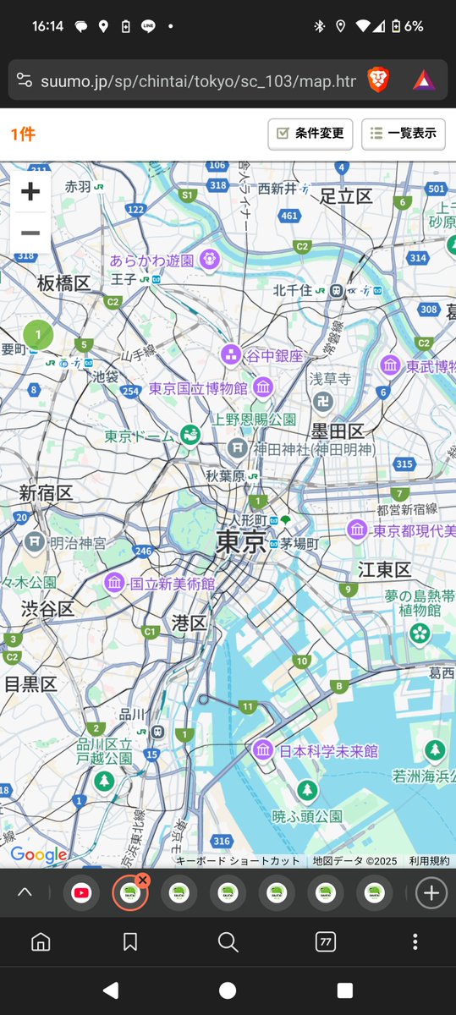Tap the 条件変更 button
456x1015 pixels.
(310, 134)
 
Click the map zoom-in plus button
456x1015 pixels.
(30, 192)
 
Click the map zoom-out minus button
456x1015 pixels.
(30, 233)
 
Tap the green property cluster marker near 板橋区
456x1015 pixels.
(38, 335)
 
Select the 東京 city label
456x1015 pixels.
(241, 542)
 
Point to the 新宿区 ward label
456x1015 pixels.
(46, 492)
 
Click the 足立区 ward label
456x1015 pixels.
(346, 196)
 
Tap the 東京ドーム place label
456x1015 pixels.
(139, 436)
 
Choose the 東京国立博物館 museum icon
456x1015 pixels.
(263, 388)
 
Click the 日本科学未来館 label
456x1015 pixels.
(328, 750)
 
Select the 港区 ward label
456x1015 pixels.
(189, 623)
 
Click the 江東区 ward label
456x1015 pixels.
(384, 569)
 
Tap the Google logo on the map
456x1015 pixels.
(39, 854)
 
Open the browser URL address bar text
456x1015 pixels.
(198, 80)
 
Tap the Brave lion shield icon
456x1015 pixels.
(379, 80)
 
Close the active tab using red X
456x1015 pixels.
(142, 881)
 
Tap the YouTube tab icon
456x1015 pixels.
(81, 892)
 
